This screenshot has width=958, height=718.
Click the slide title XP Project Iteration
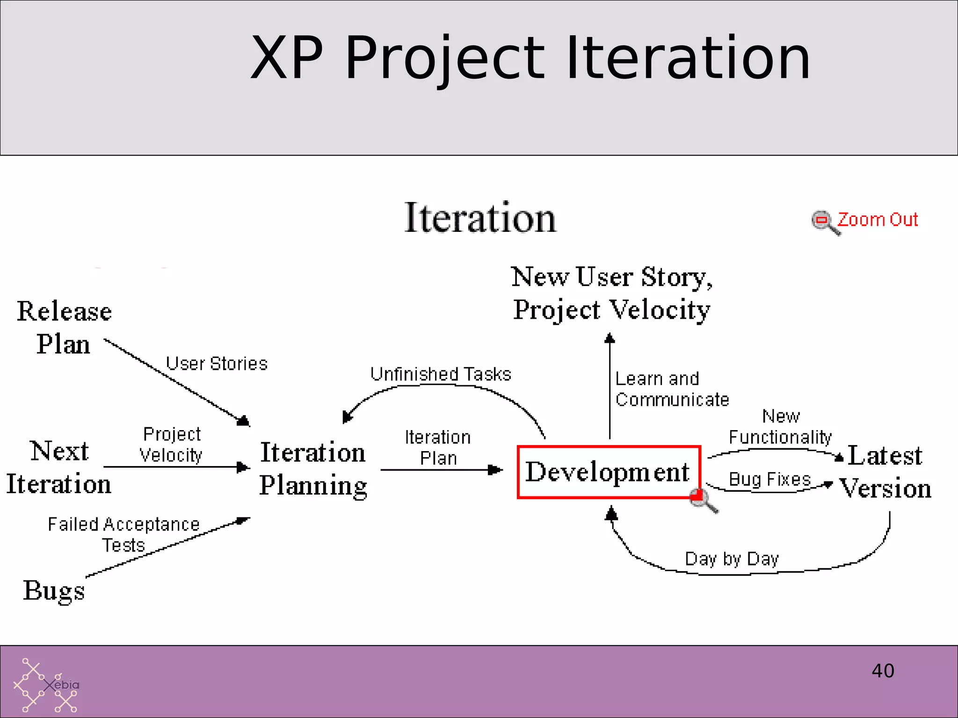(530, 58)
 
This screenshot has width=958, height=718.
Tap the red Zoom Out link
(878, 220)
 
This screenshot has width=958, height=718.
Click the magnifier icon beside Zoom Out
(824, 222)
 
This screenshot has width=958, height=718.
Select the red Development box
(608, 472)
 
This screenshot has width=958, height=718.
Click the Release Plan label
(64, 327)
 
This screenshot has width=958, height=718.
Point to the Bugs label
(54, 590)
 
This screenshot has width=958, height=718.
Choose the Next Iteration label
(59, 467)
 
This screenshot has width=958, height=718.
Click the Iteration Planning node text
(313, 469)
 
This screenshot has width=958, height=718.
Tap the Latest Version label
(885, 471)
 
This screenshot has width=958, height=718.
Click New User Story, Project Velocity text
(611, 293)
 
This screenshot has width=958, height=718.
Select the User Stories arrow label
(217, 364)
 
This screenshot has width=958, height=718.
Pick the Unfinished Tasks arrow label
(441, 374)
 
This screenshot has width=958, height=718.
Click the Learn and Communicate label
(671, 389)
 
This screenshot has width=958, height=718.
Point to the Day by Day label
(732, 559)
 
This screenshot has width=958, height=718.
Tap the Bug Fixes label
(769, 479)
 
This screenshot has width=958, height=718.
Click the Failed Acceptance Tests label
(123, 534)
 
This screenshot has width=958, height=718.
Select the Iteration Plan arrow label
(438, 447)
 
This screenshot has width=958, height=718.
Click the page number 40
(883, 671)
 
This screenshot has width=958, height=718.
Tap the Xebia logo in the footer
(46, 685)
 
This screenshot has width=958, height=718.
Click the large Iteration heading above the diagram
(480, 218)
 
